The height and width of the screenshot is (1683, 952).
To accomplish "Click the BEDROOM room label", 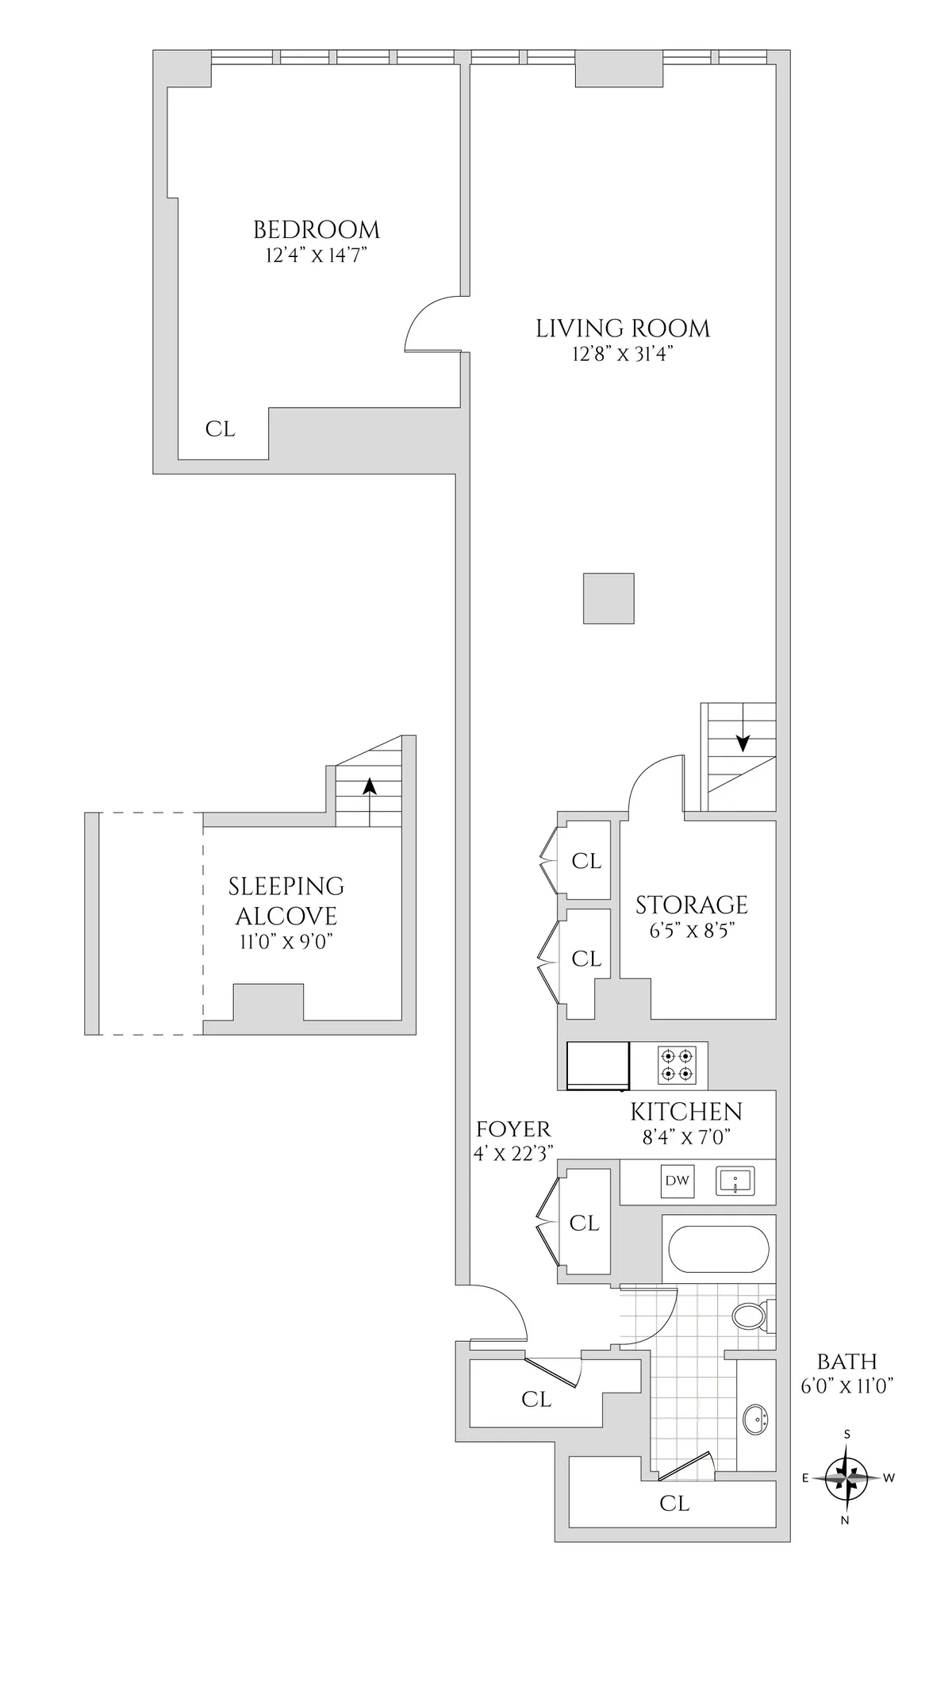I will point(316,230).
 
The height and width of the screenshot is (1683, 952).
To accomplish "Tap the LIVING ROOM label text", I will point(623,329).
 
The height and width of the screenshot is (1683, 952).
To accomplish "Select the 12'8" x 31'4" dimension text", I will point(623,354).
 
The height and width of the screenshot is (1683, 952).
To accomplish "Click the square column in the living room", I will point(608,598).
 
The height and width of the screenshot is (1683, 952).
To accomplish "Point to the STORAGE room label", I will point(692,905).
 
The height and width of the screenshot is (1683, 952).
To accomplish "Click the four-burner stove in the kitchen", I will point(678,1065).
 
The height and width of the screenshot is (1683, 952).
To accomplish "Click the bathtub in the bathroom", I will point(718,1251).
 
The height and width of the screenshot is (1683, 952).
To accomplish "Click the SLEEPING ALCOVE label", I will point(286,901).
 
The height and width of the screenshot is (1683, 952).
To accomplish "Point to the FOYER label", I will point(513,1129).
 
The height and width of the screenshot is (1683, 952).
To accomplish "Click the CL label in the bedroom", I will point(221,429).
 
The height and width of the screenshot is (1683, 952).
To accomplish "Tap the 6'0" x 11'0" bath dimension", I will point(847,1386).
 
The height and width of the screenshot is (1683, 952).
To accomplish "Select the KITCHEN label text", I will point(686,1111).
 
